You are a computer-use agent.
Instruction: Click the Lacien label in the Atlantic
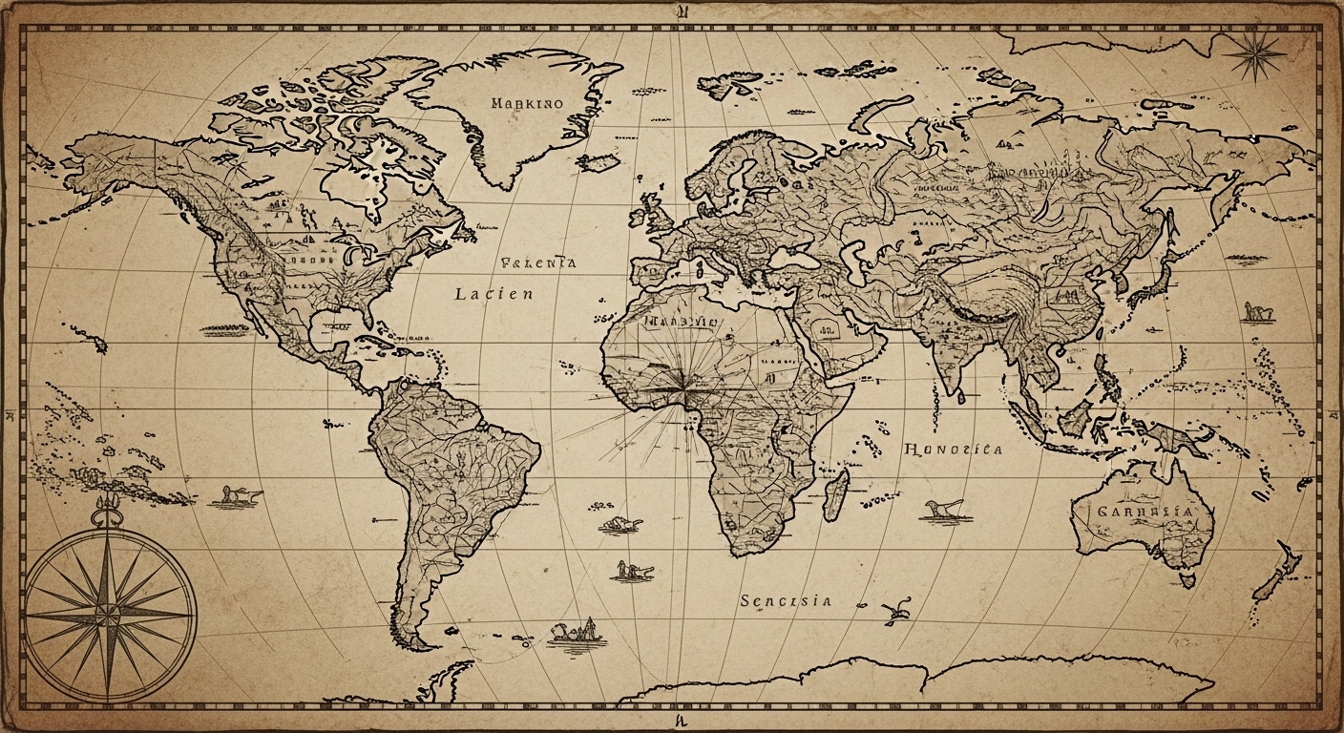click(x=493, y=294)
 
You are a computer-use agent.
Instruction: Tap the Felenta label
click(x=538, y=262)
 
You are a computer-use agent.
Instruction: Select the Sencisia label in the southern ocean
click(x=785, y=600)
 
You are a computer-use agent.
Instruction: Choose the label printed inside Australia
click(x=1144, y=512)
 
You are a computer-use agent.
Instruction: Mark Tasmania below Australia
click(x=1187, y=578)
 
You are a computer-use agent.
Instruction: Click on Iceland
click(x=598, y=163)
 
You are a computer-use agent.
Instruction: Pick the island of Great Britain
click(x=658, y=213)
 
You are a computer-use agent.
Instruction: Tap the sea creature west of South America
click(x=236, y=496)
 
